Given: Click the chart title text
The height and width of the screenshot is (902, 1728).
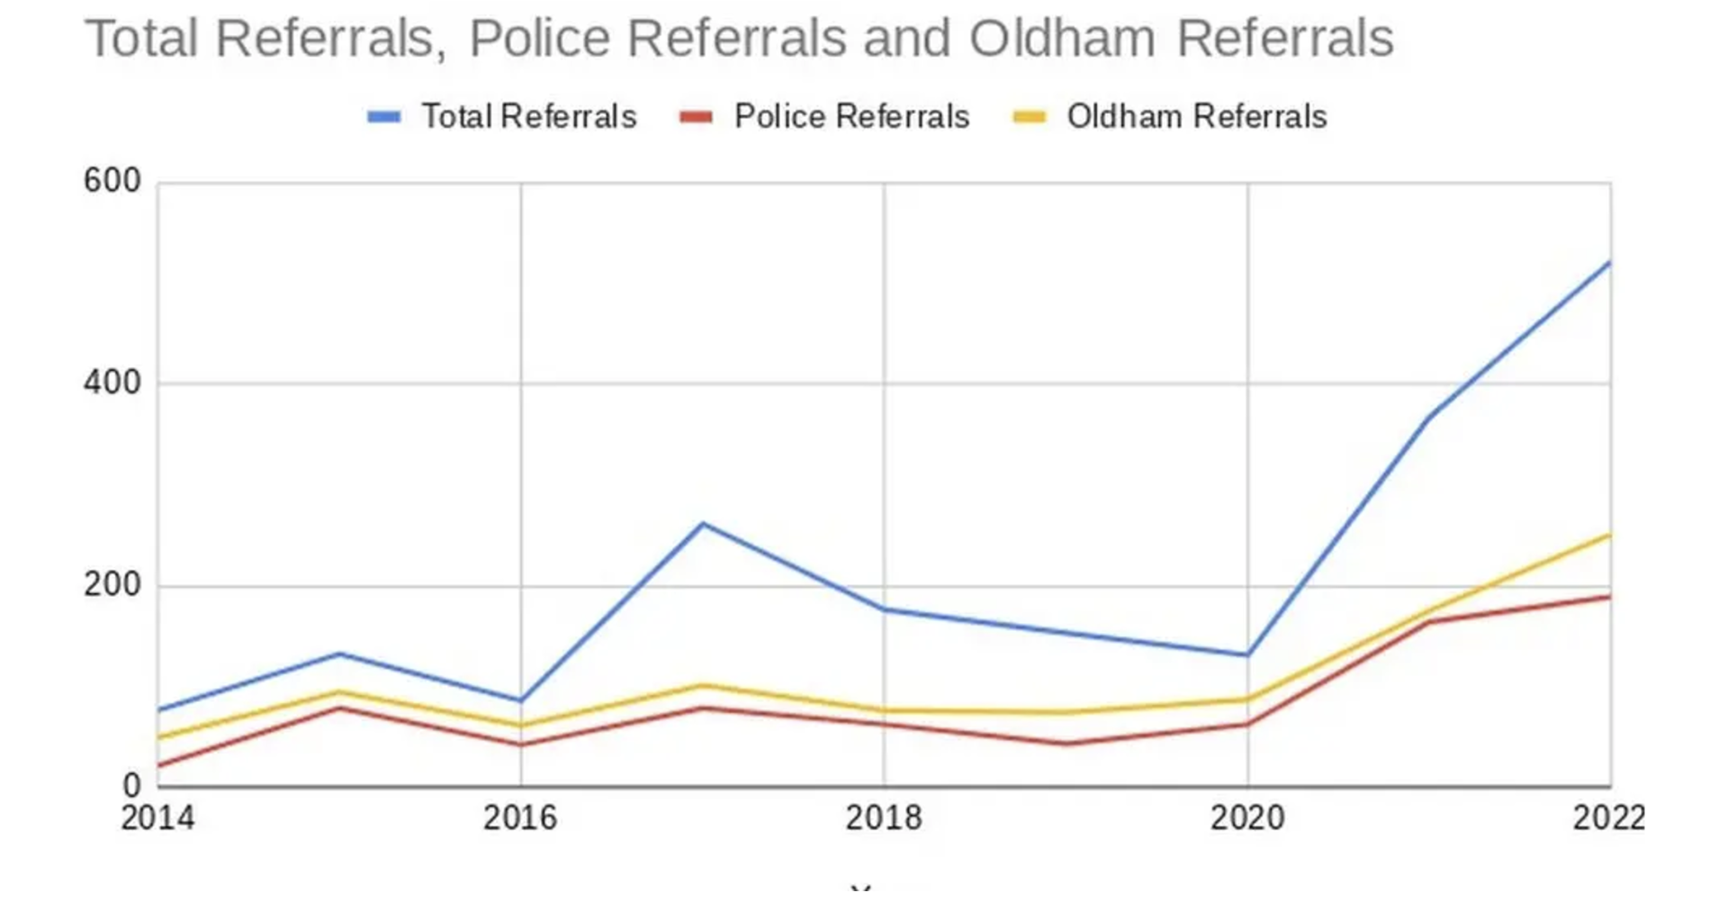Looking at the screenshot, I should [x=739, y=39].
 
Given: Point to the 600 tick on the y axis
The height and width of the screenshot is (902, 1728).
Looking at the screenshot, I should [x=112, y=181].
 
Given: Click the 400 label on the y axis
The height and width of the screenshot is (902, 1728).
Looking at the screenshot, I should [x=112, y=383].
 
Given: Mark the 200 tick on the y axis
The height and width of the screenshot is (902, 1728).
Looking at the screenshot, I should [x=112, y=585].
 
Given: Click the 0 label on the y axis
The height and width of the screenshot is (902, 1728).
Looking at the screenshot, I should [x=131, y=786].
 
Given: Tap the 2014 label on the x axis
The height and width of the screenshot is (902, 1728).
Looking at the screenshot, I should [x=157, y=818].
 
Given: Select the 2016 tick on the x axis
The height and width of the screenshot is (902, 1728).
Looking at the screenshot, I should [x=520, y=818].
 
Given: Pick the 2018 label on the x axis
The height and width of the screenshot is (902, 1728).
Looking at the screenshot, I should [x=884, y=818].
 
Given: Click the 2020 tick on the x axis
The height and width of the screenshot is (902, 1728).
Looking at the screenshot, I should [x=1247, y=818].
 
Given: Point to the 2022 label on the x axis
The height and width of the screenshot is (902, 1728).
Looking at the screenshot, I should [x=1608, y=818].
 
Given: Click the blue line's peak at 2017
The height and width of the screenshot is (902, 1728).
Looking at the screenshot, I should [x=703, y=524].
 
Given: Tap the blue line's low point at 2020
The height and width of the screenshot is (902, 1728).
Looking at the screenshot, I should [x=1247, y=654].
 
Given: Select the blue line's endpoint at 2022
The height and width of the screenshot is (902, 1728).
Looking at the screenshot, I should [x=1609, y=263].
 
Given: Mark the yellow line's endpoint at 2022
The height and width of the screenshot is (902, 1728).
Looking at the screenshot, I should [x=1609, y=536].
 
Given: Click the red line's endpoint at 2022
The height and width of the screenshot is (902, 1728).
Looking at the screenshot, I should [x=1609, y=596].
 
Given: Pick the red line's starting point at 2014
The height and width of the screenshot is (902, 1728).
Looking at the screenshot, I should [x=159, y=766].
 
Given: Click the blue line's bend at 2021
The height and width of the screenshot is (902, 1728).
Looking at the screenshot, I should [x=1429, y=417].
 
